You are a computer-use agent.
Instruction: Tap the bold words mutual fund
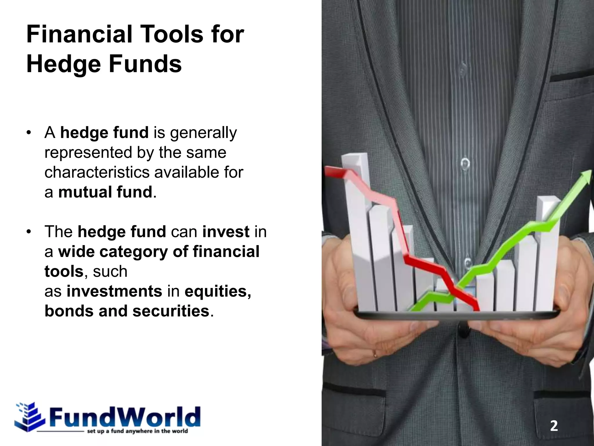coord(105,192)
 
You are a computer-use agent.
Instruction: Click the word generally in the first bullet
coord(203,133)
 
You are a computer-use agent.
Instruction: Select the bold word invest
coord(226,232)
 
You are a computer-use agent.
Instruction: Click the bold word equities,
coord(218,291)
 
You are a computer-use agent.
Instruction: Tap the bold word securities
coord(171,311)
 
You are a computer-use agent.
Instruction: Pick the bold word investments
coord(114,291)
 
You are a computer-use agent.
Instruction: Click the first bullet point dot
coord(28,133)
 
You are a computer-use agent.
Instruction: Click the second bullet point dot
coord(28,232)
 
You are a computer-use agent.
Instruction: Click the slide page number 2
coord(554,426)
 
